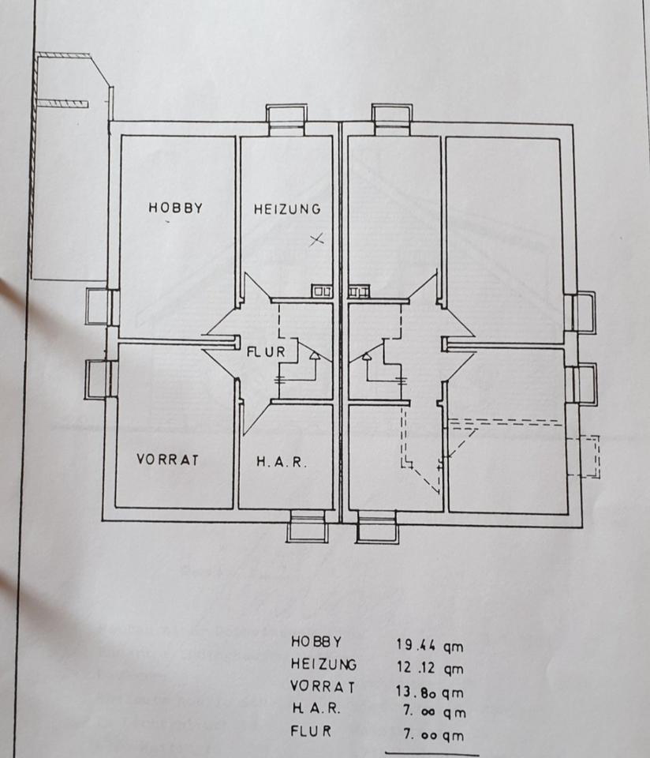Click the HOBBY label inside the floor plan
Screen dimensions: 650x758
pyautogui.click(x=175, y=208)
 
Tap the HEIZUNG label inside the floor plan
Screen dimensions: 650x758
pyautogui.click(x=287, y=209)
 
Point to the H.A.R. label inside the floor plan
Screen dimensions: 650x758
pyautogui.click(x=281, y=462)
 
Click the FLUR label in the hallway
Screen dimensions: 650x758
pyautogui.click(x=266, y=352)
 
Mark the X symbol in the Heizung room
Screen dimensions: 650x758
pyautogui.click(x=316, y=238)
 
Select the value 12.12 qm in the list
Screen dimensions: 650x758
pyautogui.click(x=430, y=668)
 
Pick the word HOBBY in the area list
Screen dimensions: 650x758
pyautogui.click(x=316, y=640)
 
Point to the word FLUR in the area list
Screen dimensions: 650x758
pyautogui.click(x=312, y=730)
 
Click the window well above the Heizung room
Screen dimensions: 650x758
pyautogui.click(x=286, y=117)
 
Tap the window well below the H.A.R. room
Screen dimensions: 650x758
pyautogui.click(x=307, y=527)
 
